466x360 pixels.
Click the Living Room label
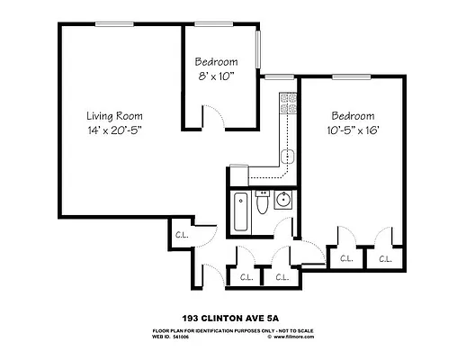pyautogui.click(x=114, y=116)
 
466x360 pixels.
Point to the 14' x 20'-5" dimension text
pyautogui.click(x=114, y=130)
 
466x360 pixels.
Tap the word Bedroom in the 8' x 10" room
pyautogui.click(x=216, y=62)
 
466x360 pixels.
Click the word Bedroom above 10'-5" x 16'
pyautogui.click(x=353, y=116)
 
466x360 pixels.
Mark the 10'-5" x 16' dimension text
pyautogui.click(x=353, y=130)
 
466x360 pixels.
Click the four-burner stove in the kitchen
pyautogui.click(x=288, y=104)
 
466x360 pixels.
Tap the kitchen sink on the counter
pyautogui.click(x=287, y=157)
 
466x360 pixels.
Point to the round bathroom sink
pyautogui.click(x=282, y=200)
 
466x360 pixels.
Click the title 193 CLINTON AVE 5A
pyautogui.click(x=232, y=318)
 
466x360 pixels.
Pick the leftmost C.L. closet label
pyautogui.click(x=181, y=236)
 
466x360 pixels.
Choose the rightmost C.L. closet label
pyautogui.click(x=385, y=259)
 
